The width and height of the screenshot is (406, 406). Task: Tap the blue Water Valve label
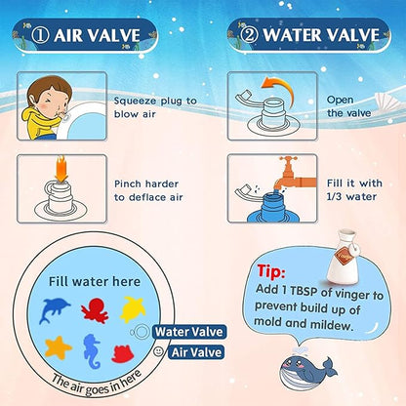pyautogui.click(x=183, y=332)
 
